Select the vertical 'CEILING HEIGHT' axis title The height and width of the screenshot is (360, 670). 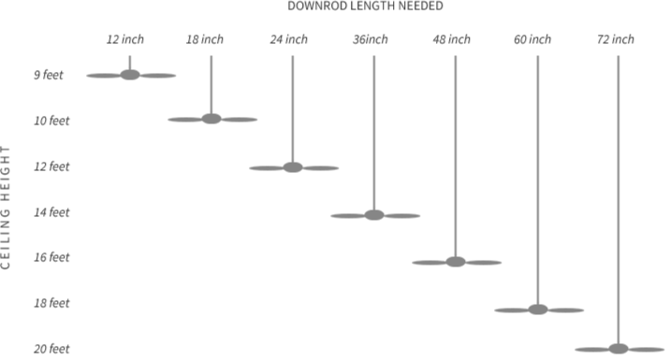coord(7,207)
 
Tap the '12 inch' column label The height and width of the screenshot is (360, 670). coord(124,39)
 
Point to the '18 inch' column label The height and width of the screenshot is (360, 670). coord(205,39)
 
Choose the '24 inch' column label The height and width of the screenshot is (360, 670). coord(288,39)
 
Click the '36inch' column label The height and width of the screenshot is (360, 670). coord(370,39)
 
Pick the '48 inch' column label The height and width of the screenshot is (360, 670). coord(451,39)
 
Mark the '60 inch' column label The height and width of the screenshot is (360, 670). coord(532,39)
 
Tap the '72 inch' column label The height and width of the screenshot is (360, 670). coord(615,39)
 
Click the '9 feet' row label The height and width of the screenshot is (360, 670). coord(49,75)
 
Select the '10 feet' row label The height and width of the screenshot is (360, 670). coord(51,121)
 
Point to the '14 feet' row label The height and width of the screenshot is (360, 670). coord(51,212)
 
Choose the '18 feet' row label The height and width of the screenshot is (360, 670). coord(51,304)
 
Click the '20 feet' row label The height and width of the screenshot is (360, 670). coord(51,350)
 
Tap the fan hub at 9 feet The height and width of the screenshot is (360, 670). coord(130,75)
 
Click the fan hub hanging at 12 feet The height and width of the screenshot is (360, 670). coord(293,167)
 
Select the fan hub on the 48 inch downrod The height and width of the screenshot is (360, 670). coord(456,262)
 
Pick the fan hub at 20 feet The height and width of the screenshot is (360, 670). coord(619,349)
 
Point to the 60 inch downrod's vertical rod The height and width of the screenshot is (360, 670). coord(538,178)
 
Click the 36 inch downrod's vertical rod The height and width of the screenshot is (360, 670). coord(374,131)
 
